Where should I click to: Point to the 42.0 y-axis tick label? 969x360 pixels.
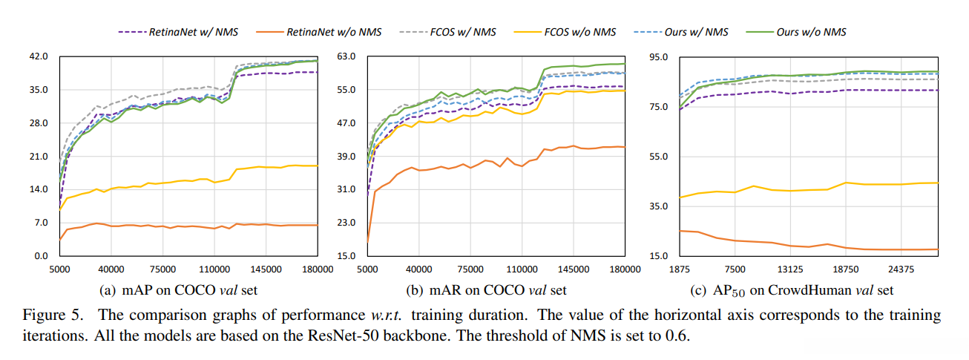[37, 56]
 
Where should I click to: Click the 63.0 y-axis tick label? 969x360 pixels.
[346, 56]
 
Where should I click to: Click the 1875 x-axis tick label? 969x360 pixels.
[680, 270]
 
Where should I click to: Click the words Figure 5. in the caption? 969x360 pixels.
[53, 315]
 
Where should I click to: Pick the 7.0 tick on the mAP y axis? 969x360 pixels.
[39, 223]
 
